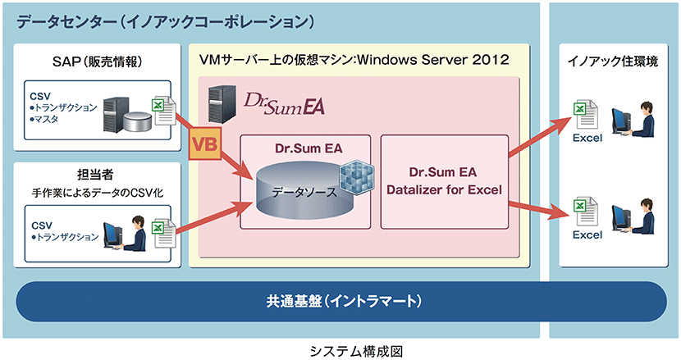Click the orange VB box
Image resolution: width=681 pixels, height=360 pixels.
click(x=204, y=144)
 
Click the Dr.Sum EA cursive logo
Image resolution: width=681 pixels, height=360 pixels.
click(x=284, y=103)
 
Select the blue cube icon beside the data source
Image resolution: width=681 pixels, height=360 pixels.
click(x=356, y=178)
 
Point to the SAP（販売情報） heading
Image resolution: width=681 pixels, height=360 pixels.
click(x=98, y=62)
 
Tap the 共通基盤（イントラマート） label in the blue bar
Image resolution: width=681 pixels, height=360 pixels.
click(x=344, y=301)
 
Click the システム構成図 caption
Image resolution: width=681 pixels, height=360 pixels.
click(x=356, y=351)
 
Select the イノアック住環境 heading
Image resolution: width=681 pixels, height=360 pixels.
click(x=613, y=62)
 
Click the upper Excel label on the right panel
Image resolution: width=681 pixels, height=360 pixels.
click(x=587, y=138)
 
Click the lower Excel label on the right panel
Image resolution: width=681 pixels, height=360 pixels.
click(x=587, y=235)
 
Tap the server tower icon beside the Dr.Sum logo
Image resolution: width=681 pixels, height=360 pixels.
click(x=222, y=104)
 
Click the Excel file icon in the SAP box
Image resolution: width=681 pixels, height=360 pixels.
click(x=163, y=112)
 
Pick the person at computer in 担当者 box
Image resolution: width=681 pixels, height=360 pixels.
click(x=126, y=234)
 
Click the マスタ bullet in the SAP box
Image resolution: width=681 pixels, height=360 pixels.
click(x=44, y=119)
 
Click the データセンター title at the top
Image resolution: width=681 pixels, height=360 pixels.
click(x=165, y=21)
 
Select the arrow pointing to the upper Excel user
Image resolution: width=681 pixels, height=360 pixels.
click(x=540, y=136)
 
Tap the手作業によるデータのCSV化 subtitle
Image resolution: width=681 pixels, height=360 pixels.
click(x=98, y=193)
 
